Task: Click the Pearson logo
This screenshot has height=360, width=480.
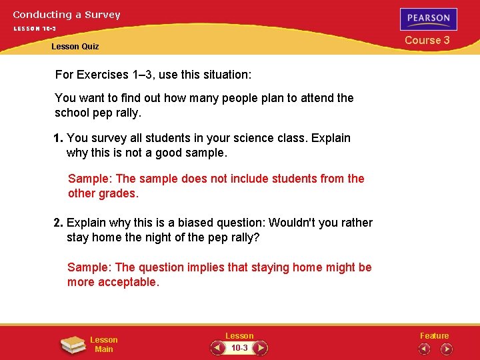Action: (x=429, y=19)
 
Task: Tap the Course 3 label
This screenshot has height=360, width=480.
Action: (x=427, y=40)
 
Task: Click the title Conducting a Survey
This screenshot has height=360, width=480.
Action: (x=67, y=14)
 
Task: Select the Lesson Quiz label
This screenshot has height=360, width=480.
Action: (x=75, y=46)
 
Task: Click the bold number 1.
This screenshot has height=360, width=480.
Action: (x=58, y=138)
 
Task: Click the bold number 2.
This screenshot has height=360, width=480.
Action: (x=58, y=223)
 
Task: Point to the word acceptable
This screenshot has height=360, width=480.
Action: (x=128, y=282)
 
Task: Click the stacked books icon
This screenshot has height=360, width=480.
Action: (x=72, y=345)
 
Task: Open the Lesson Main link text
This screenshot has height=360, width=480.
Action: (x=104, y=345)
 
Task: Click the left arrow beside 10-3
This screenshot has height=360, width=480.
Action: (x=217, y=348)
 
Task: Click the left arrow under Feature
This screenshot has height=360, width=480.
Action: (x=425, y=349)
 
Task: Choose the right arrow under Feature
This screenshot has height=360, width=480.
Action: (x=446, y=349)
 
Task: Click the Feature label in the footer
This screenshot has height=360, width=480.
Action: (x=434, y=335)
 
